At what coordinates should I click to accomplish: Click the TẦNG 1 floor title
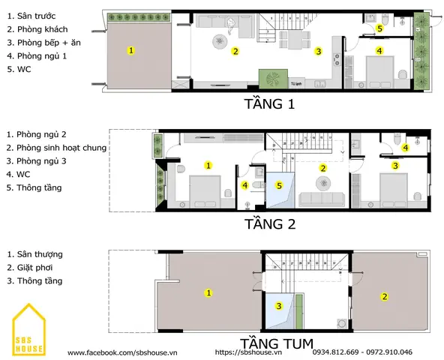tap(269, 103)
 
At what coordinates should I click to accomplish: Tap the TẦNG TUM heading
tap(277, 343)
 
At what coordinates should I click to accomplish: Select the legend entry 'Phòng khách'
tap(37, 29)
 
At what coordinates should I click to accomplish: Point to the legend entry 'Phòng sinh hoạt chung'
tap(56, 148)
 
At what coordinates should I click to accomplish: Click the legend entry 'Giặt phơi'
tap(30, 268)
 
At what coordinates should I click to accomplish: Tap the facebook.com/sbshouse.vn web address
tap(122, 352)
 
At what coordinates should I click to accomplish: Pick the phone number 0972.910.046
tap(389, 352)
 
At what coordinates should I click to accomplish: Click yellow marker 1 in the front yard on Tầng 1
tap(130, 50)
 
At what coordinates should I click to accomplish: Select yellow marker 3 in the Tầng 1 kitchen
tap(319, 51)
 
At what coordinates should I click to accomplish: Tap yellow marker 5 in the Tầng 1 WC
tap(379, 28)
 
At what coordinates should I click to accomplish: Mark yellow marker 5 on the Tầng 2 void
tap(279, 185)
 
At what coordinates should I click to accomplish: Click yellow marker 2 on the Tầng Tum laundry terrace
tap(385, 296)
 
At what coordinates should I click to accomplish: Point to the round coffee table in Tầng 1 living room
tap(220, 42)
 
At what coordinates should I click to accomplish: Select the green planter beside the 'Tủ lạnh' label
tap(273, 79)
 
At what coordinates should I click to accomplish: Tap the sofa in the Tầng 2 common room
tap(322, 199)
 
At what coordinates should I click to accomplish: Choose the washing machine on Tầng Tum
tap(342, 324)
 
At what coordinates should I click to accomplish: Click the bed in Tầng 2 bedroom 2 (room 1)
tap(205, 192)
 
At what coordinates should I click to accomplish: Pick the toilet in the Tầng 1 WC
tap(385, 19)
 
